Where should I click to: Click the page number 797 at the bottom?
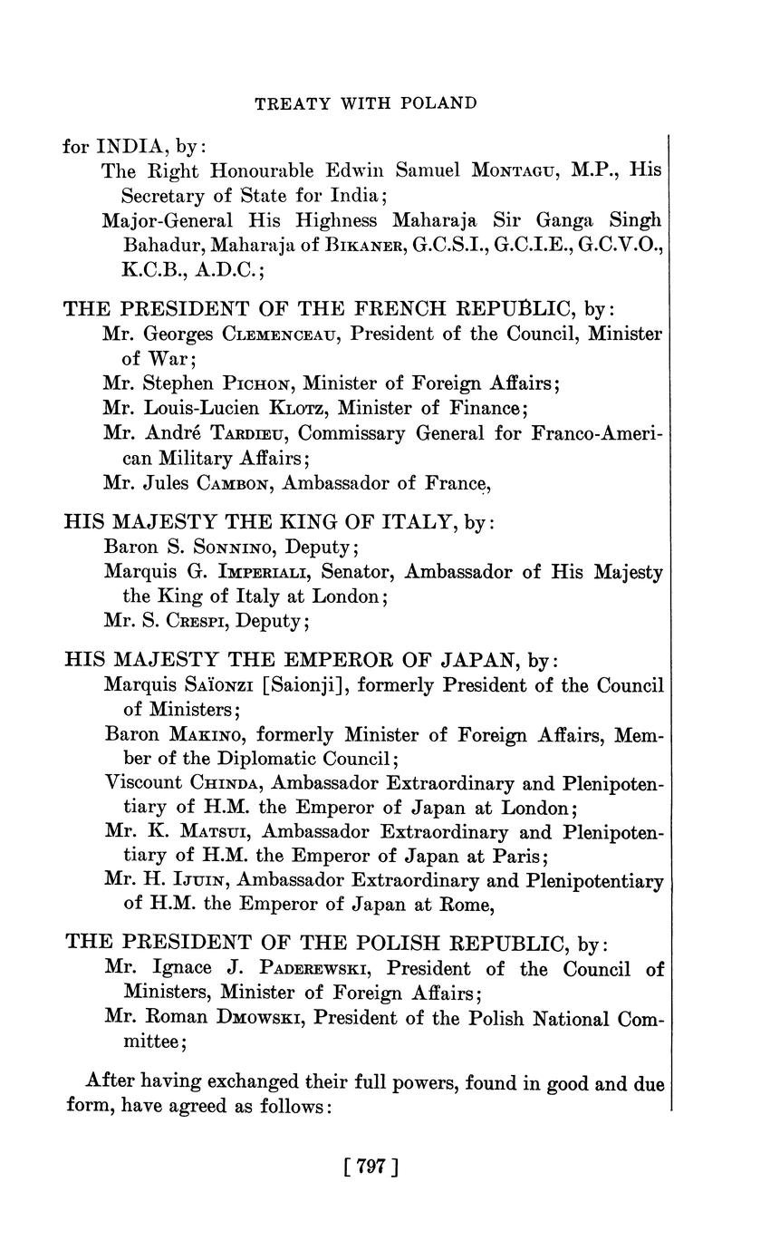pos(372,1168)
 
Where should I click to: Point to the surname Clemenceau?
pos(280,334)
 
